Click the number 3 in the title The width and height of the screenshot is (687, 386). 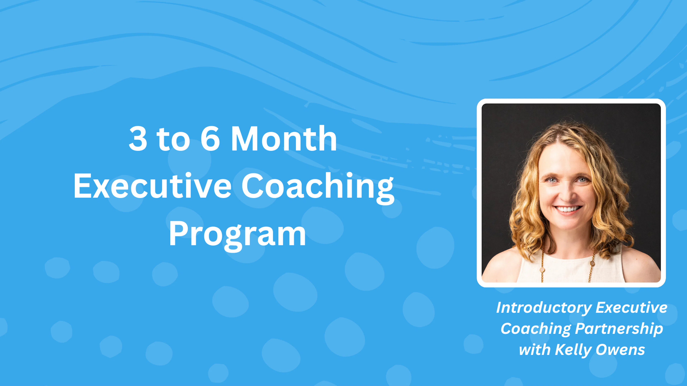[x=138, y=138]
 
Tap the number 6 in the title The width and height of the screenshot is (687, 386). [x=210, y=138]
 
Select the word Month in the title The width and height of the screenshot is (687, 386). [x=284, y=138]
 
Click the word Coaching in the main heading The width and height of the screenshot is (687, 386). [x=317, y=186]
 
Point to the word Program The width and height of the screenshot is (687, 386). [x=237, y=234]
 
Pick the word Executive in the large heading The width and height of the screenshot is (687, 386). [x=152, y=186]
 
